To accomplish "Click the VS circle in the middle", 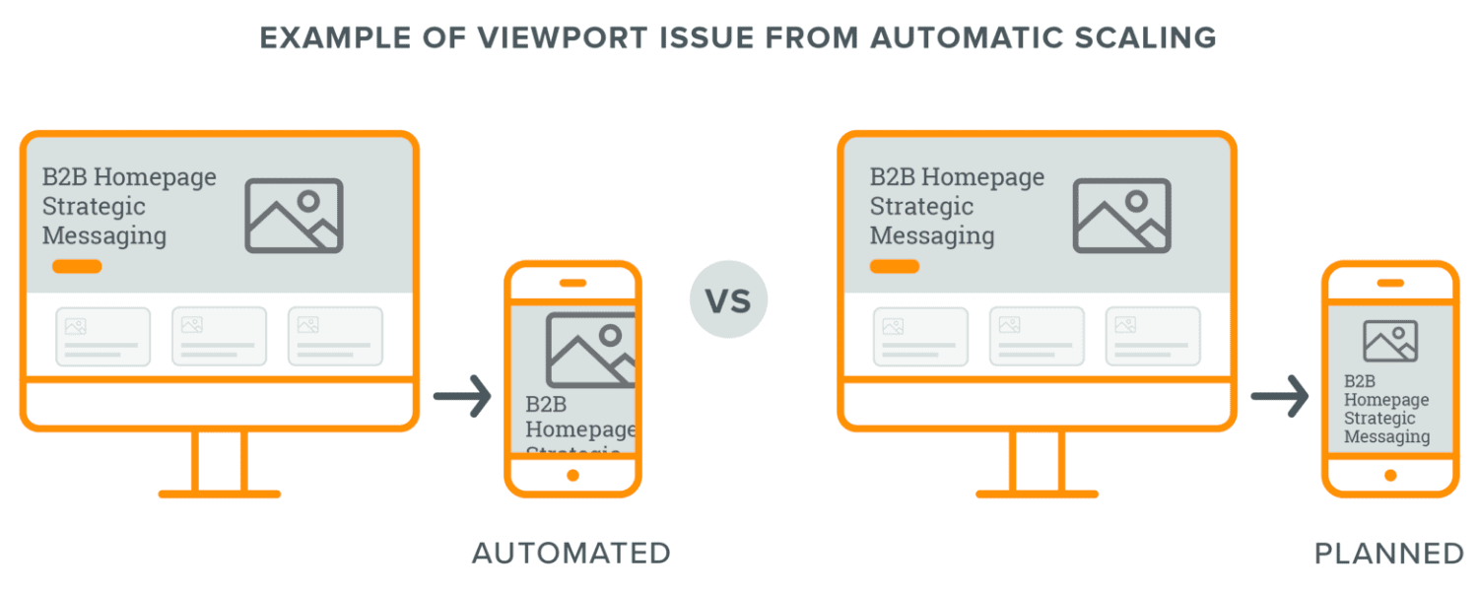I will [728, 299].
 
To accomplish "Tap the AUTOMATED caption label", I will [571, 554].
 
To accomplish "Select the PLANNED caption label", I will [1389, 554].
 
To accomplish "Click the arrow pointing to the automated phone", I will [462, 397].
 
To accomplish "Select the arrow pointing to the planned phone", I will [1280, 397].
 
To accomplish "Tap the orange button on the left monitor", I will [77, 266].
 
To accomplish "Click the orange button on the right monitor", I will [895, 266].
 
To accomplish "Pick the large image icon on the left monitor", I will [294, 215].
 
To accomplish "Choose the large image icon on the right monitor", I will [1121, 215].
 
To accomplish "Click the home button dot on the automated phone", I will [572, 475].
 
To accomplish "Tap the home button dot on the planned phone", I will [1390, 475].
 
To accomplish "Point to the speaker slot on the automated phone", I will [572, 283].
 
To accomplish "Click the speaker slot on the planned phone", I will [1390, 283].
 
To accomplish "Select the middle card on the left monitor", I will [219, 337].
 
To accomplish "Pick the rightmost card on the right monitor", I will [1153, 337].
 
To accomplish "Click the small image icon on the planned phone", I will [1390, 341].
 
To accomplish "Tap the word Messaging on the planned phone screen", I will [1386, 436].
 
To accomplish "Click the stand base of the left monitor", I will [219, 492].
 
